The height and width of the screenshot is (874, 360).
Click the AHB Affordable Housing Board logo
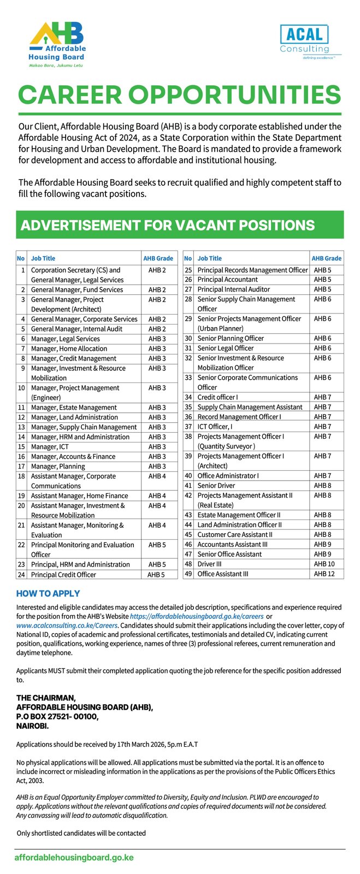[57, 44]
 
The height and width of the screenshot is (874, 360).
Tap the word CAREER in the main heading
[72, 96]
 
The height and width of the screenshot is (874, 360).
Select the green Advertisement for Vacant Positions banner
[180, 225]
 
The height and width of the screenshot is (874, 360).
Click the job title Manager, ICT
[50, 447]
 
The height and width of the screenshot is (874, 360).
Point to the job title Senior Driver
[216, 486]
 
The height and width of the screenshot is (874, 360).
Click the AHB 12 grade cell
[324, 574]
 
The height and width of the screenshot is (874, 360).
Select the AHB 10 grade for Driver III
[324, 564]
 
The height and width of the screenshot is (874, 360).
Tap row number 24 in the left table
[21, 575]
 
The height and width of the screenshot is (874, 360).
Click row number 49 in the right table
[188, 574]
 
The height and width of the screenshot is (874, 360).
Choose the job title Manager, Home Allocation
[69, 349]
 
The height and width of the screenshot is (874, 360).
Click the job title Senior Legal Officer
[226, 348]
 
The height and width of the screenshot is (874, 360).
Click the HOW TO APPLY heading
[48, 594]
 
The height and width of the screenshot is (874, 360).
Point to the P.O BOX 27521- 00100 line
[57, 717]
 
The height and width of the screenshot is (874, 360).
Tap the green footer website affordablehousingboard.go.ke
[74, 858]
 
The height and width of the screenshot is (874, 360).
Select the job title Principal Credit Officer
[63, 575]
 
